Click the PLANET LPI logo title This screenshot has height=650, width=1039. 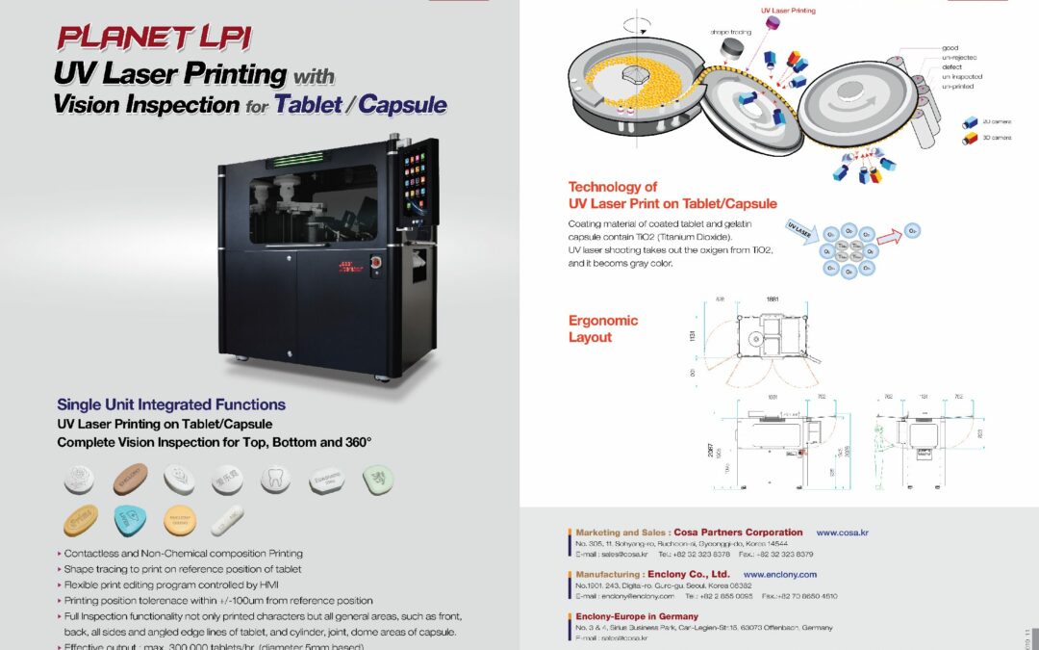point(153,38)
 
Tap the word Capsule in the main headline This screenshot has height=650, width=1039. point(403,103)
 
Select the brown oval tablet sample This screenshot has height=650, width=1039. point(130,479)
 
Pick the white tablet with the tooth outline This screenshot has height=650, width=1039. point(277,478)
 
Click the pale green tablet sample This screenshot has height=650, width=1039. point(378,478)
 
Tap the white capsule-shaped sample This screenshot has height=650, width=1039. point(227,521)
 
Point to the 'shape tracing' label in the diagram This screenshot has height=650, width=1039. point(731,32)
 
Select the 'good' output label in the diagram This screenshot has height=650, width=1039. point(950,47)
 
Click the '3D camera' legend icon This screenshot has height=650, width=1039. point(970,139)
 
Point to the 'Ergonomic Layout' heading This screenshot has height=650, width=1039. point(603,328)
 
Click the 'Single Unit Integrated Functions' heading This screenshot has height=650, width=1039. point(170,404)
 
